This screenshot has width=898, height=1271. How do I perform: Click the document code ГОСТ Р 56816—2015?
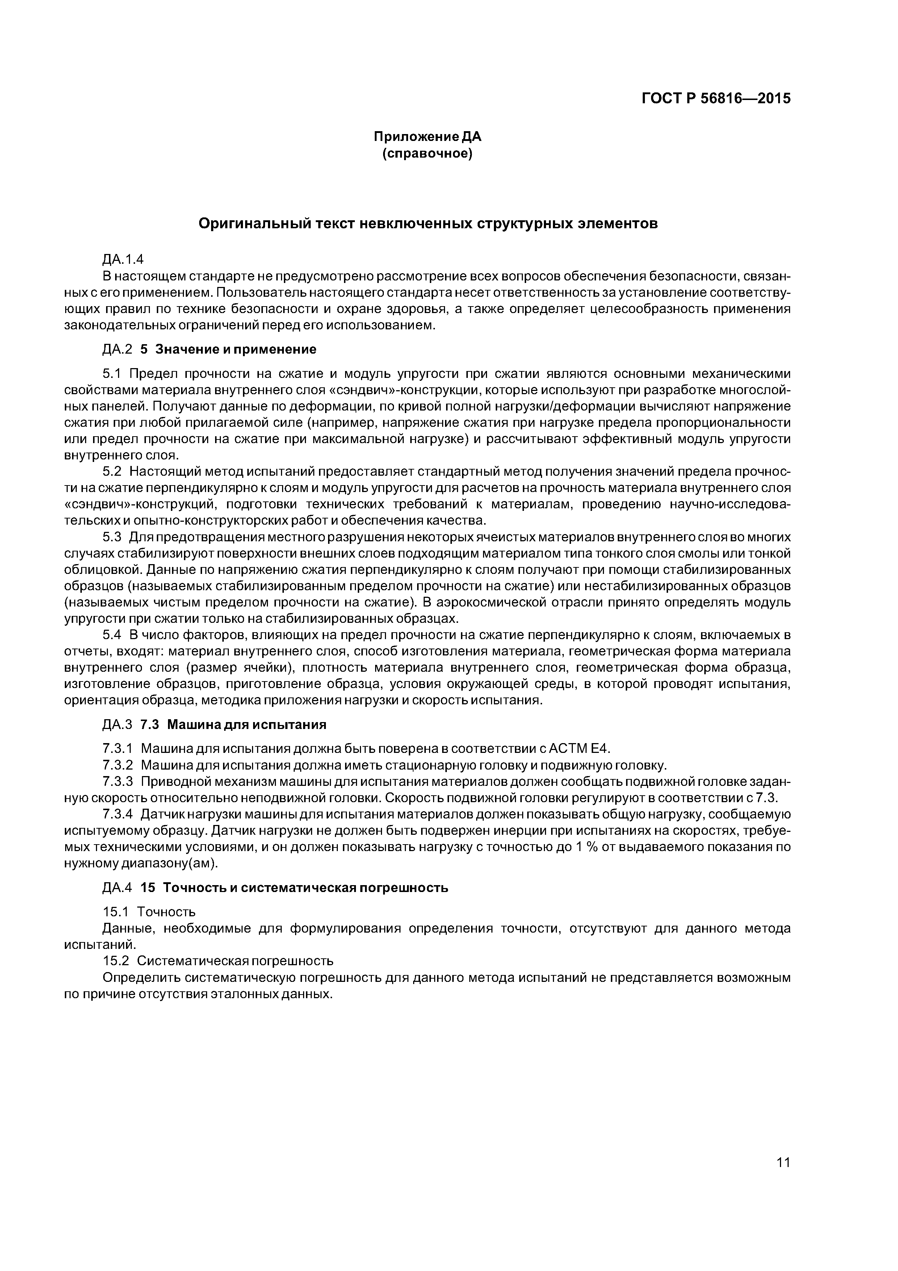tap(716, 99)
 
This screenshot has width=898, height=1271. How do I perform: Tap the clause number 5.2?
tap(112, 471)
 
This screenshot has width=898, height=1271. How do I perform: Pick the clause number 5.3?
tap(112, 537)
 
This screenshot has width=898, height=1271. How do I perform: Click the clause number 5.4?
tap(112, 635)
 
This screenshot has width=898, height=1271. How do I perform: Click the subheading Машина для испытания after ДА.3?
tap(247, 725)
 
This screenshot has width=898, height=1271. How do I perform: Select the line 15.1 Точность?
tap(149, 911)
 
